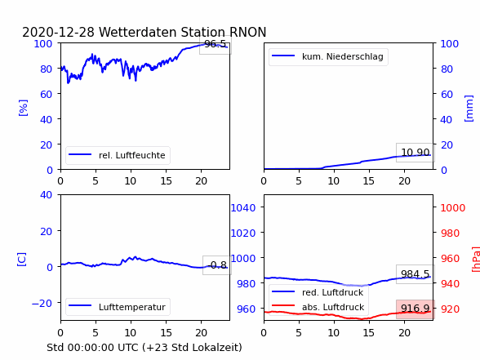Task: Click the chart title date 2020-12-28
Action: [58, 32]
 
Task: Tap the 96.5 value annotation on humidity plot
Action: [215, 44]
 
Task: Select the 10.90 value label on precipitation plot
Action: [415, 152]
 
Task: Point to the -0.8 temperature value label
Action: [217, 265]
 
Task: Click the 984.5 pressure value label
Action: [415, 274]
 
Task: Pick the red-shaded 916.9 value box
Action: [415, 309]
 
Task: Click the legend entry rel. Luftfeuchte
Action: [118, 155]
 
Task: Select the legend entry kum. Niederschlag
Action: [328, 56]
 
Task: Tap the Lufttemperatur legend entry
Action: [118, 307]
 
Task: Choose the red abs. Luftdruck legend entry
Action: [318, 307]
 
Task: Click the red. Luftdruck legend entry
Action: [318, 292]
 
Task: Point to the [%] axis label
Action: [23, 108]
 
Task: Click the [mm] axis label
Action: [469, 109]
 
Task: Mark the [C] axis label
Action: [21, 260]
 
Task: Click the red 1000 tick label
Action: [453, 208]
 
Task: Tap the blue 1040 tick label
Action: [243, 208]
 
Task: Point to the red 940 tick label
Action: [450, 283]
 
